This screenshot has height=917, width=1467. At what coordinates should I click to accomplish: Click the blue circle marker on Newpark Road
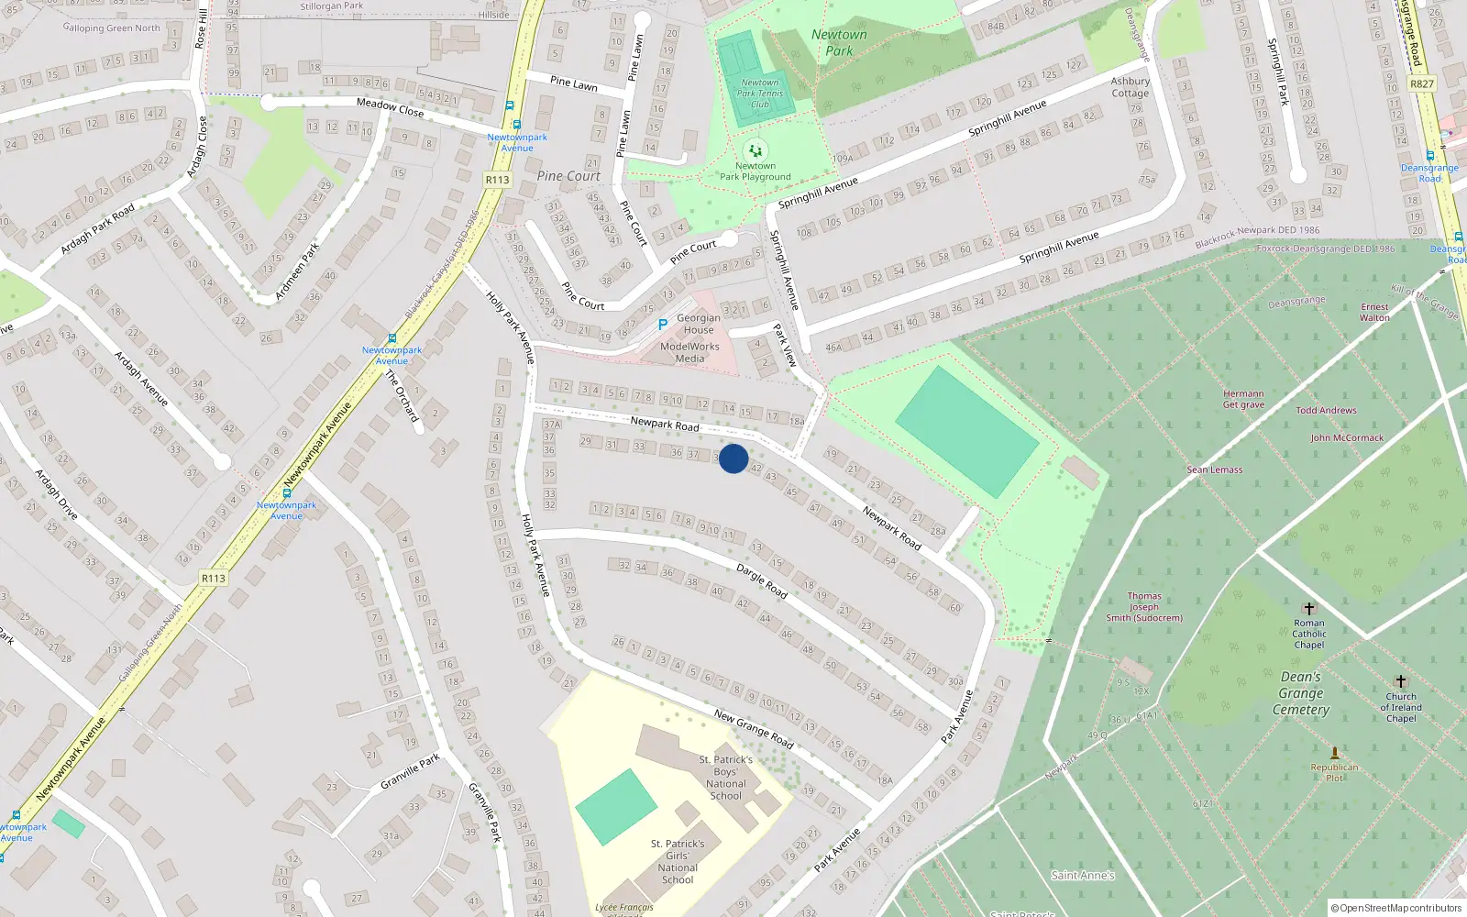click(733, 458)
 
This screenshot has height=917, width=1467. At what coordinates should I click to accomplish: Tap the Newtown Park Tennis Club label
click(760, 94)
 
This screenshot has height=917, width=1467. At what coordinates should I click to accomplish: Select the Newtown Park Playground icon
click(755, 150)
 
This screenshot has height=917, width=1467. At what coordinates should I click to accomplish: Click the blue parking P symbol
click(663, 325)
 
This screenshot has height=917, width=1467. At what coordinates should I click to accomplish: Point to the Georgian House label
click(699, 324)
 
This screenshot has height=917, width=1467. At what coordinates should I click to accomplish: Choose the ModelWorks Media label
click(689, 353)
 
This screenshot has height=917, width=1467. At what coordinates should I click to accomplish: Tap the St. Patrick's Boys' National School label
click(725, 778)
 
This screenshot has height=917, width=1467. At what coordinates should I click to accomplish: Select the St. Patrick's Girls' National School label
click(678, 862)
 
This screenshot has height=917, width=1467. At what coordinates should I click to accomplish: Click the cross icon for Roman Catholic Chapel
click(1309, 609)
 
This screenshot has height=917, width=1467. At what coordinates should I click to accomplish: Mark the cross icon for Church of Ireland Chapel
click(1400, 681)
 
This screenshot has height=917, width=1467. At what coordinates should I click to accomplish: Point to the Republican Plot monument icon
click(1335, 753)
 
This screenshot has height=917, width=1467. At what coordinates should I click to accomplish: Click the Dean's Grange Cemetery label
click(1301, 693)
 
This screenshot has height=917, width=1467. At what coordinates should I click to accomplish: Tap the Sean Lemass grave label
click(1215, 470)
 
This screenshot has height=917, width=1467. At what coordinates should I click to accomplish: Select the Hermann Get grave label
click(1243, 399)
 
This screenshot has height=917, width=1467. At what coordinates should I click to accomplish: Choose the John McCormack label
click(1347, 438)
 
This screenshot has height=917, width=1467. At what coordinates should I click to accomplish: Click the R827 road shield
click(1422, 83)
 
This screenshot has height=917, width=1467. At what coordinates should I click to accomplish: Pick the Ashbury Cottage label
click(1131, 87)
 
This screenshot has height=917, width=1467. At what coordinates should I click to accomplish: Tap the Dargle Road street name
click(762, 581)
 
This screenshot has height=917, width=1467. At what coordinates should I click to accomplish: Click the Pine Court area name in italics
click(568, 176)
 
